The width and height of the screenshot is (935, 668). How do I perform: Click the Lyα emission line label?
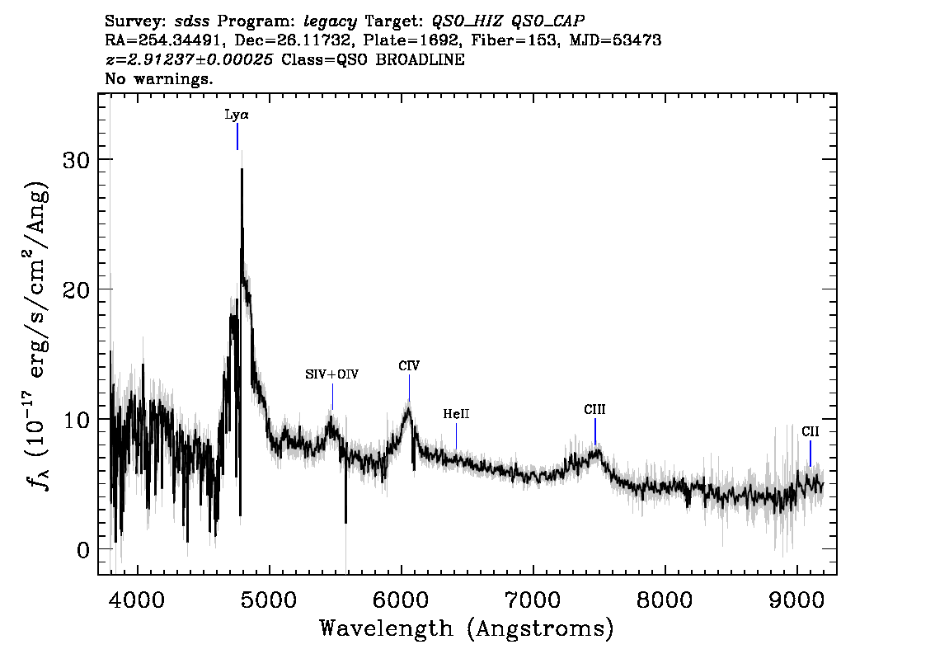[x=237, y=115]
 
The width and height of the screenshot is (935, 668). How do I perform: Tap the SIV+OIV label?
[x=332, y=374]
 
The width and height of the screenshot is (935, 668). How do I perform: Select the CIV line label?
[x=409, y=365]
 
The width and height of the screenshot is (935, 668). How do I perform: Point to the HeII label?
[x=456, y=413]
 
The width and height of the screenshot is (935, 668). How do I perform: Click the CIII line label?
[x=594, y=409]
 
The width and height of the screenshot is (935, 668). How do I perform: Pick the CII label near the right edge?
[x=810, y=431]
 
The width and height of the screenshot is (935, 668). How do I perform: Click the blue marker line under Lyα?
[x=237, y=137]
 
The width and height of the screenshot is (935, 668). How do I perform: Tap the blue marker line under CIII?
[x=595, y=432]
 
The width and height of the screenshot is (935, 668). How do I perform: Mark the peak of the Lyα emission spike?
[x=242, y=169]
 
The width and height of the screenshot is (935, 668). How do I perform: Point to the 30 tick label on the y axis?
[x=75, y=159]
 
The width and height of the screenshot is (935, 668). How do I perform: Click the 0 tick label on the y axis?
[x=82, y=549]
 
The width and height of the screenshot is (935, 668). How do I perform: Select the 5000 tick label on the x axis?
[x=270, y=600]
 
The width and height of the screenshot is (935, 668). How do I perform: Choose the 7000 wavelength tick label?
[x=533, y=600]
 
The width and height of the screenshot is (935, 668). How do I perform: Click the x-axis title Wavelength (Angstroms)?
[x=467, y=628]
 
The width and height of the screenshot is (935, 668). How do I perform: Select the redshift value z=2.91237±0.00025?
[x=189, y=59]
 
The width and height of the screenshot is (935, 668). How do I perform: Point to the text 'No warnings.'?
[x=158, y=78]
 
